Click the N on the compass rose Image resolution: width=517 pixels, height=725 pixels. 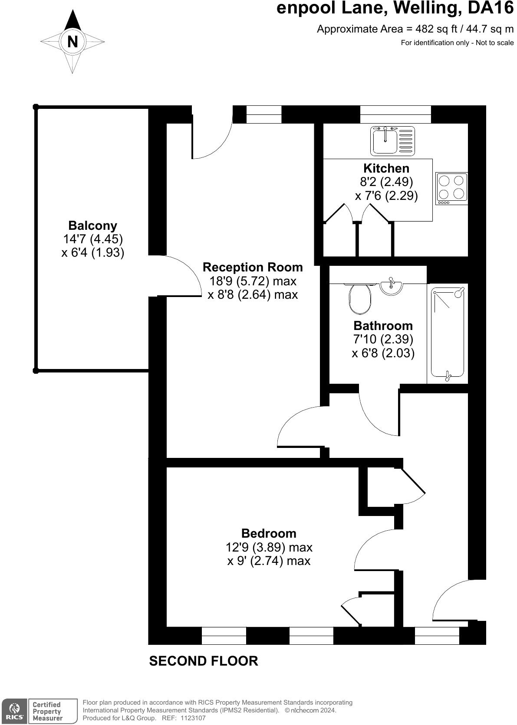72,42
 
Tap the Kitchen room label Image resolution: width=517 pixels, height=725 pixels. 386,168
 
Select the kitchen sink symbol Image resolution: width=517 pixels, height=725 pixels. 392,140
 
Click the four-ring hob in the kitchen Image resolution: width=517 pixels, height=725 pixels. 451,189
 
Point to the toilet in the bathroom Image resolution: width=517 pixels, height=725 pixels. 360,299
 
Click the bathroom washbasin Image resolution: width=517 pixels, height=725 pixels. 391,286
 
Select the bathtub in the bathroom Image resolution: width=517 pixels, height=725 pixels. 448,334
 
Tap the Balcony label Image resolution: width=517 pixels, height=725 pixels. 92,225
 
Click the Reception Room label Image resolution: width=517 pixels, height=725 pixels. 253,267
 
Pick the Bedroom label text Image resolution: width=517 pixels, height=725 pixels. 269,533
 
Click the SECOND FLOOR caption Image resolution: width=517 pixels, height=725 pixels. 204,661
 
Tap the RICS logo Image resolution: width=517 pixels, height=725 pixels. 15,711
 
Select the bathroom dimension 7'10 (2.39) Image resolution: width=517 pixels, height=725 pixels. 383,339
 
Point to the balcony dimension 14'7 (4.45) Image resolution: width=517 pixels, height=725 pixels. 93,239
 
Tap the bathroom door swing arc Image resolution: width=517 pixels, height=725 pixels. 378,414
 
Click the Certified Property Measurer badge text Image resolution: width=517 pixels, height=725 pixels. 47,711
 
